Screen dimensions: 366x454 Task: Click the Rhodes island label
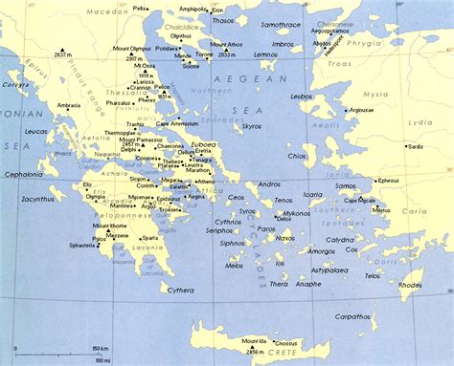410,284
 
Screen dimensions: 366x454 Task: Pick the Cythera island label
180,290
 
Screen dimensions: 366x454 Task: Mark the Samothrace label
283,23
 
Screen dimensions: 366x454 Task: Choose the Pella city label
142,8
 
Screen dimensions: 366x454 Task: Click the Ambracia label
69,105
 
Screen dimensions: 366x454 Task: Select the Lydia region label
420,122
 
